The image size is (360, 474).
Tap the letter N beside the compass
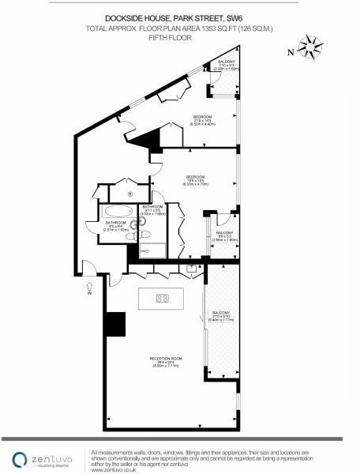coord(291,53)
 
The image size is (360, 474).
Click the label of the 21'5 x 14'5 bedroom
coord(202,120)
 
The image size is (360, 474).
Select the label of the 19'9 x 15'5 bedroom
coord(196,179)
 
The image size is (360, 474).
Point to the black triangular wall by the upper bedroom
coord(147,141)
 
